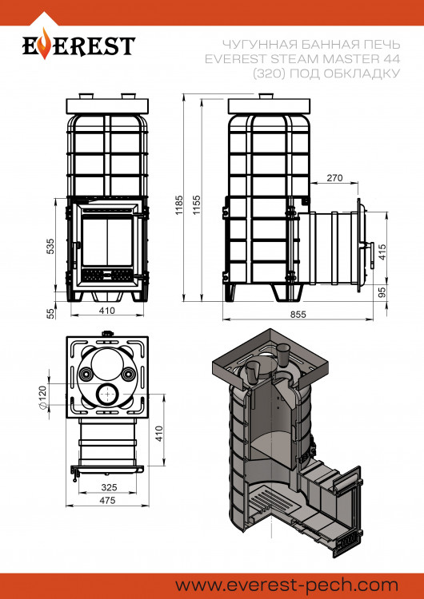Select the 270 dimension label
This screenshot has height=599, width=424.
335,177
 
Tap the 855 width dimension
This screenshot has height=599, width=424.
298,314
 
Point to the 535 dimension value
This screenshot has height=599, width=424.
50,247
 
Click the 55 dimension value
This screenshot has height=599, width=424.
51,314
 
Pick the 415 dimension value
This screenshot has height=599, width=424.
382,252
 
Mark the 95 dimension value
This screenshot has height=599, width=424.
382,292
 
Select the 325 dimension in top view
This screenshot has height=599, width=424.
109,487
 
